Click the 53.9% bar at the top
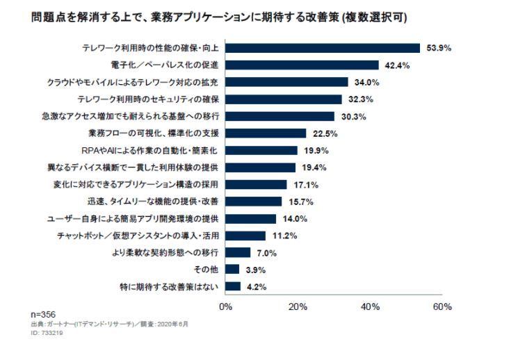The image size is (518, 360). point(323,48)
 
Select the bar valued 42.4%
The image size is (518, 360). point(302,65)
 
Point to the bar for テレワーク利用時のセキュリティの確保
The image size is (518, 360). point(284,99)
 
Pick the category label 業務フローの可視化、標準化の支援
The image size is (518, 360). point(154,133)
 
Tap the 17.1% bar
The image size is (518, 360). point(256,184)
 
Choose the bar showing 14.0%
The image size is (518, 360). point(250,218)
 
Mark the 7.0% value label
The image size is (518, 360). point(267,252)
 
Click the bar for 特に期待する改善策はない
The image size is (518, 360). point(233,286)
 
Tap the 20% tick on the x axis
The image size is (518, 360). point(298,306)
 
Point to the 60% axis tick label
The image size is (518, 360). point(442,306)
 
